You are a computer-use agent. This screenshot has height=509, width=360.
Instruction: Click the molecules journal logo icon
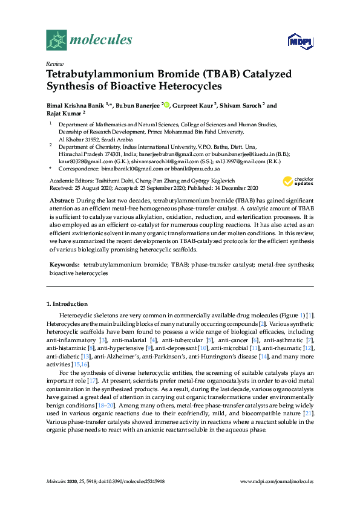coord(57,40)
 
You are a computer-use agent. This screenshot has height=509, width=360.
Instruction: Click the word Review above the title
coord(54,63)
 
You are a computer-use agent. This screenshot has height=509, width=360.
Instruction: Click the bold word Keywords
coord(65,265)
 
